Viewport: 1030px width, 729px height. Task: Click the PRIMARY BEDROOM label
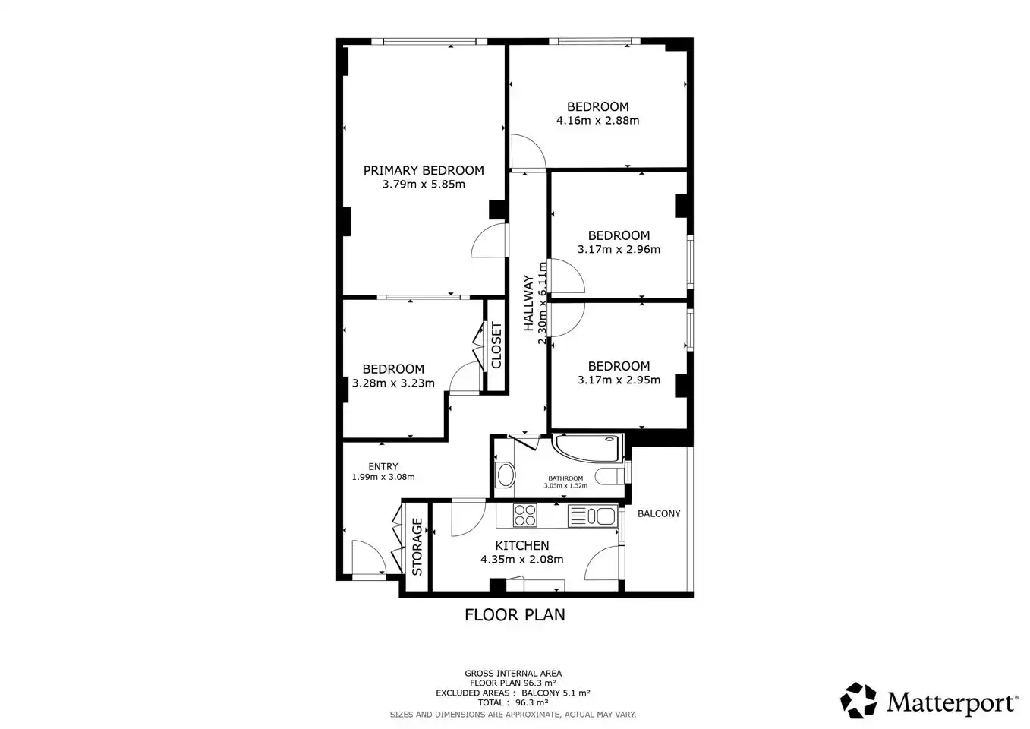(424, 171)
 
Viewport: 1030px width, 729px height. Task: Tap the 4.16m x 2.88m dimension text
(598, 121)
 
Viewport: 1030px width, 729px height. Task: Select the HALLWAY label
(529, 303)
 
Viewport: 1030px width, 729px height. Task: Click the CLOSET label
(496, 345)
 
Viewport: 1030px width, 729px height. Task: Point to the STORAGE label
(417, 547)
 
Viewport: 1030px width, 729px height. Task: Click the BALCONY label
(659, 514)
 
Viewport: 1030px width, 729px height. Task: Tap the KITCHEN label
(522, 545)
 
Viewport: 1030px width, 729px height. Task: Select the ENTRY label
(383, 466)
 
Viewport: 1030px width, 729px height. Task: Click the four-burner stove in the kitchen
(525, 515)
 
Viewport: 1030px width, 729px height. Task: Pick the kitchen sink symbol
(593, 516)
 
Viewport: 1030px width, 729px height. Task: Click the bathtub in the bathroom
(588, 447)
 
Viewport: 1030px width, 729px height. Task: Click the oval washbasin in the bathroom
(506, 475)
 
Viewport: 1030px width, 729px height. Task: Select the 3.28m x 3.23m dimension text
(393, 383)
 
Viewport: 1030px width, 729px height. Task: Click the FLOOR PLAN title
(515, 615)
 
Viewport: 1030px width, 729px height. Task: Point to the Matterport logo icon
(858, 700)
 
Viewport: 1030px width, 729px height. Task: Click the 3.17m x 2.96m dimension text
(619, 249)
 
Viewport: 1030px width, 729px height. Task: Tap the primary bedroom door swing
(489, 240)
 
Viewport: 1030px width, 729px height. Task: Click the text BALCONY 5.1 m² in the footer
(556, 693)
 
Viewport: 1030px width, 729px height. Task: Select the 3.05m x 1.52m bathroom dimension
(565, 486)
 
